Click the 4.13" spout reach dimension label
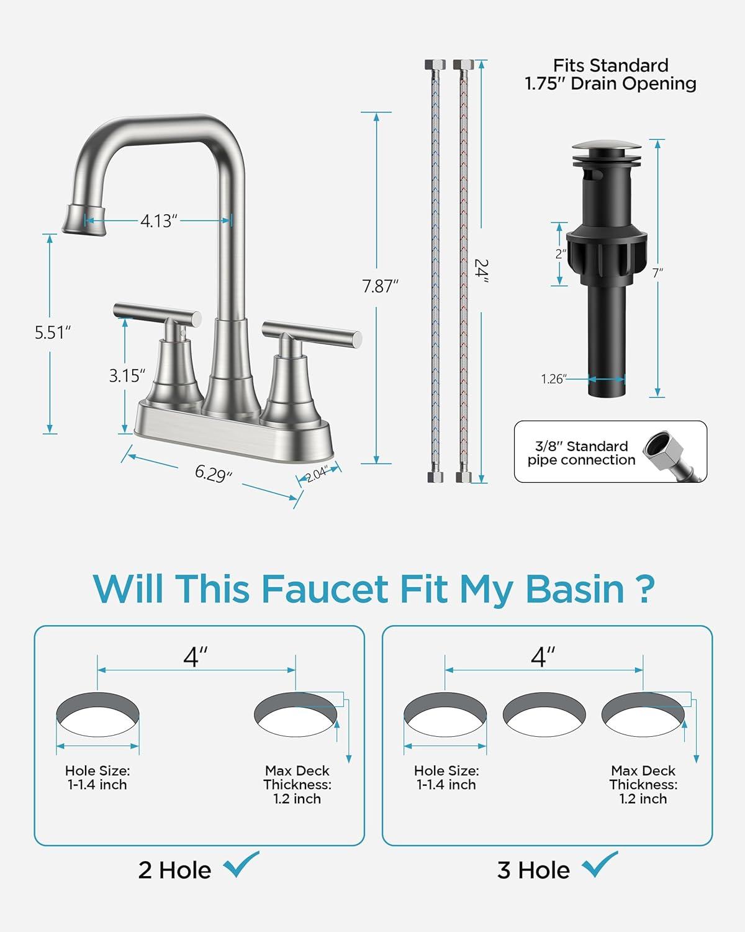pos(159,221)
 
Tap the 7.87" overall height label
pos(380,286)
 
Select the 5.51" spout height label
pos(52,332)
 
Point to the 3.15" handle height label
pos(127,375)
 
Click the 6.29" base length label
pos(214,473)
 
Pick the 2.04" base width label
pos(317,474)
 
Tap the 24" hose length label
pos(481,271)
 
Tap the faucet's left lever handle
pos(157,313)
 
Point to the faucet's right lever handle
pos(312,334)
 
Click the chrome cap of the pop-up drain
pos(607,147)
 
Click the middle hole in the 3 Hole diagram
pos(544,715)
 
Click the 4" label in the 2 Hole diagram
pos(196,657)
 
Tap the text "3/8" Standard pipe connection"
pos(581,453)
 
